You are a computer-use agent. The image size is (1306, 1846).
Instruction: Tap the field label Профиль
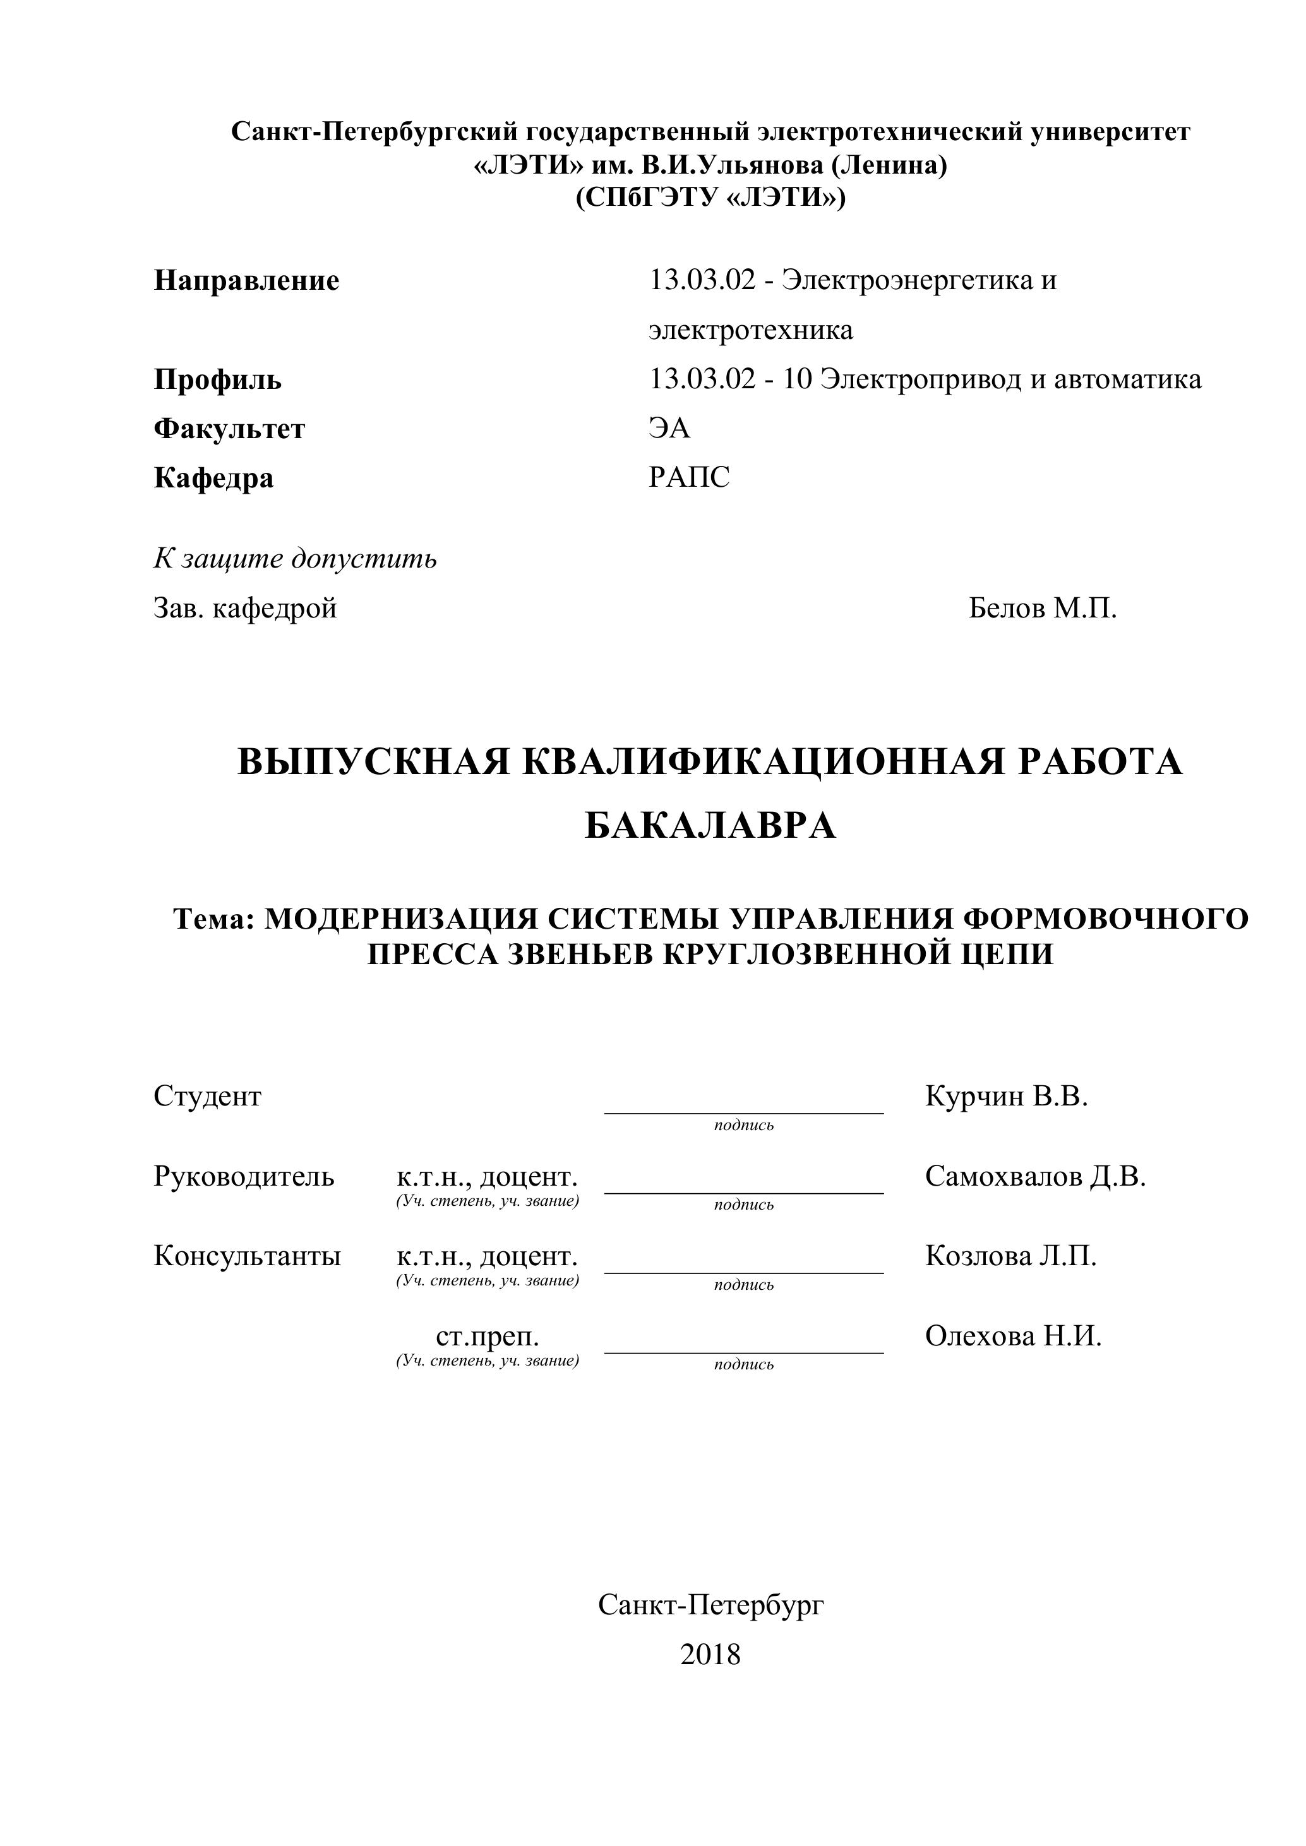point(217,379)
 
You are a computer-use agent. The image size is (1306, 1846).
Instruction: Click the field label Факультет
point(229,429)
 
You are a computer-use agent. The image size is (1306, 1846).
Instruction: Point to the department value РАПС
point(689,477)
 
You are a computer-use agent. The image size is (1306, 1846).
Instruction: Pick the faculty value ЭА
point(669,429)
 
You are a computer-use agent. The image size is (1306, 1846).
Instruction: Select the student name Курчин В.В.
point(1006,1096)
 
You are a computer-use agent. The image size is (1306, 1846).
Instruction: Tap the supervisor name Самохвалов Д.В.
point(1035,1176)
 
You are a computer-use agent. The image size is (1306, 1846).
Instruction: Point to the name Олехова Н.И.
point(1013,1337)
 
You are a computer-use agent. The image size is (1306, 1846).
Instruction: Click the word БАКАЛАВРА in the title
point(710,825)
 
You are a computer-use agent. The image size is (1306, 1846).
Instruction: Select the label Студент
point(208,1096)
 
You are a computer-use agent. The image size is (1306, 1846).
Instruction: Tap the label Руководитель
point(244,1176)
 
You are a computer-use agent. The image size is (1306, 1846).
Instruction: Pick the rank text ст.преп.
point(488,1337)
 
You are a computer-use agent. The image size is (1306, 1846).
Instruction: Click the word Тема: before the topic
point(214,918)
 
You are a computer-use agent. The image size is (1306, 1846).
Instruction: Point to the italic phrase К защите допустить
point(295,558)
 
